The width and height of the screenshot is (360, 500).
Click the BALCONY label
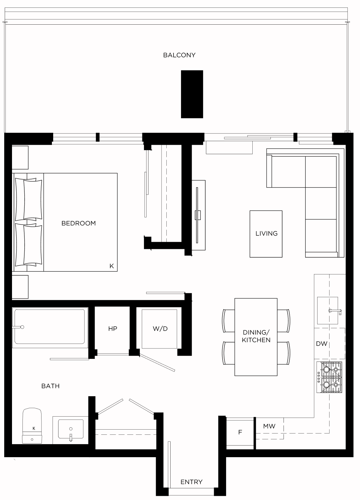point(179,55)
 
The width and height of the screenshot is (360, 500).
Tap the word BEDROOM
point(78,223)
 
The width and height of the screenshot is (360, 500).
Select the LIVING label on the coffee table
point(267,234)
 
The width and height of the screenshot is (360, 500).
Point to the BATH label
point(51,386)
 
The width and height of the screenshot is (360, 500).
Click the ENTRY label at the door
point(191,482)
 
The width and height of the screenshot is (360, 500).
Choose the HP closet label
point(113,329)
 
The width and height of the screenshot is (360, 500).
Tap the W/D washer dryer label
point(160,329)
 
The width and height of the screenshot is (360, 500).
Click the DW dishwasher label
point(322,344)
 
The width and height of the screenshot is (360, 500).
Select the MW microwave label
point(269,426)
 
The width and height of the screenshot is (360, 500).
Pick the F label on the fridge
point(240,433)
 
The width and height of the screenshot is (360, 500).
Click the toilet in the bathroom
point(32,426)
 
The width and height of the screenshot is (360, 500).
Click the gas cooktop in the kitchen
point(329,377)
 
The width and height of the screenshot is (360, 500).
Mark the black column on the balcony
point(192,94)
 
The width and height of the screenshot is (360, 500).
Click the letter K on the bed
point(112,266)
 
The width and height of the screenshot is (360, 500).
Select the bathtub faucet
point(18,327)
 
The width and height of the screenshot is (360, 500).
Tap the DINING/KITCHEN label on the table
point(256,336)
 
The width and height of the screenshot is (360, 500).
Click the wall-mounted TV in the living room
point(197,215)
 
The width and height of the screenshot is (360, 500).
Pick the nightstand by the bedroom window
point(20,158)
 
